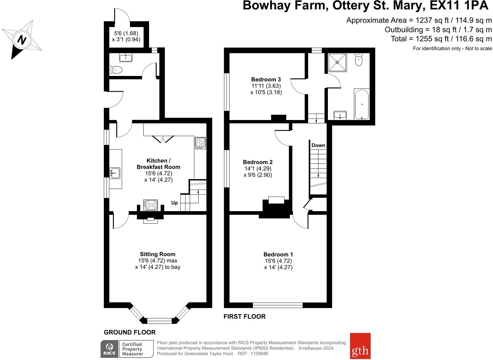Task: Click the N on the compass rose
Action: [x=22, y=40]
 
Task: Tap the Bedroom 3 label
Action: [x=266, y=79]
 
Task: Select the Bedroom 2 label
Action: [x=257, y=162]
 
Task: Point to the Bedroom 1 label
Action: [x=278, y=254]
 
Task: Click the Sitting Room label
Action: [x=158, y=254]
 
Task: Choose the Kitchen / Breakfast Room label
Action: [x=158, y=164]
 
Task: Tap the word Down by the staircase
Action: [x=318, y=145]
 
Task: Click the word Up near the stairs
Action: [x=174, y=203]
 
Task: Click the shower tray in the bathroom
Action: [x=337, y=62]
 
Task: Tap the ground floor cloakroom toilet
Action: [x=116, y=70]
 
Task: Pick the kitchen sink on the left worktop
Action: [x=115, y=173]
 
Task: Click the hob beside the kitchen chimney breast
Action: [x=151, y=205]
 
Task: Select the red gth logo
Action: [x=360, y=346]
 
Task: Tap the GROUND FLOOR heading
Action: [x=130, y=332]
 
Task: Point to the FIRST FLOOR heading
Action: [x=244, y=316]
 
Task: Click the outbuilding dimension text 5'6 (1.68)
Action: [x=126, y=33]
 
